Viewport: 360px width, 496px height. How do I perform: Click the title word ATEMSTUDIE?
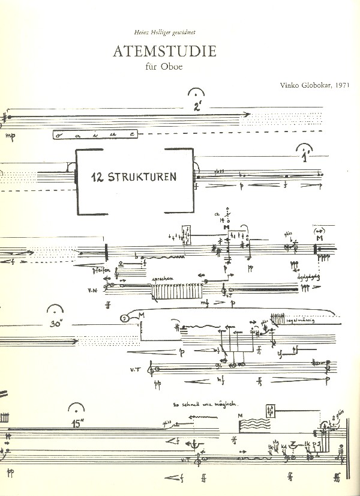coord(164,52)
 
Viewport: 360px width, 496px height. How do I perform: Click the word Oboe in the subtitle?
coord(172,67)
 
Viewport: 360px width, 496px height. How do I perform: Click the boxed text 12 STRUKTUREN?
coord(133,177)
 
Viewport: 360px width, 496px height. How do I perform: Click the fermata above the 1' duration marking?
coord(305,150)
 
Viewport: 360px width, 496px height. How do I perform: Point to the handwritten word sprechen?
coord(163,280)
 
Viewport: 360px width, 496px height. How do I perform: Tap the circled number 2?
coord(125,319)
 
